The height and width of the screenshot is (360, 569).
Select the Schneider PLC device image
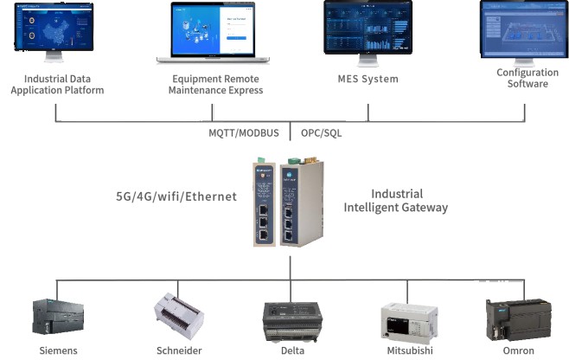click(x=180, y=317)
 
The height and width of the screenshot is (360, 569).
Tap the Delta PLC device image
click(x=291, y=321)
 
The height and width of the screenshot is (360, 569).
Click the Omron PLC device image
click(x=518, y=319)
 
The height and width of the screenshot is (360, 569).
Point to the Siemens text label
click(x=59, y=350)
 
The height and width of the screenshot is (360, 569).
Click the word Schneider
click(x=179, y=350)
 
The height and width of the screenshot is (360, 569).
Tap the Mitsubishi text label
click(x=411, y=350)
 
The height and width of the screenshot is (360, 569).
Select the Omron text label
click(x=518, y=350)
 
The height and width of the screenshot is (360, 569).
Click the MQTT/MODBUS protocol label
click(x=244, y=134)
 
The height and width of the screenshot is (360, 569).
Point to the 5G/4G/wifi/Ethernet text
click(x=176, y=196)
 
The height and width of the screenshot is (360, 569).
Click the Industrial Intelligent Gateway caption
click(x=396, y=201)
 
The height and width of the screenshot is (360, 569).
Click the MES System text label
click(x=368, y=80)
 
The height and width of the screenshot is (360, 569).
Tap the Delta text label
click(x=292, y=350)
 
